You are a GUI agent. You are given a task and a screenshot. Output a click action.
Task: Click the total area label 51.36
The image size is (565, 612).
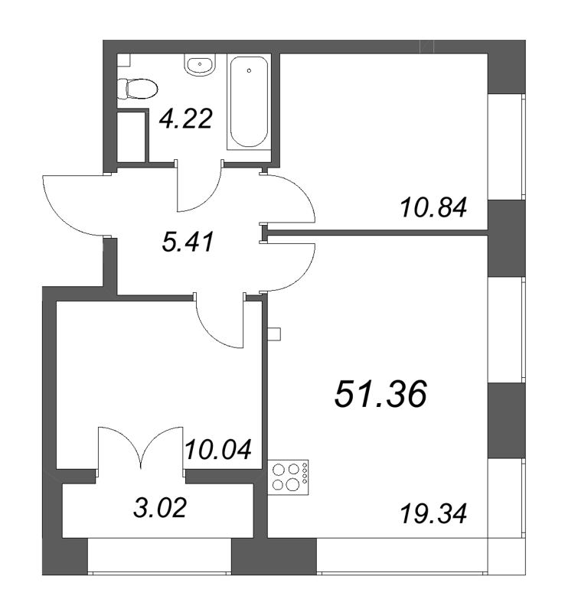380,396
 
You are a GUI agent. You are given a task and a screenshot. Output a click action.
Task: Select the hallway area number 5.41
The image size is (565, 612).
186,243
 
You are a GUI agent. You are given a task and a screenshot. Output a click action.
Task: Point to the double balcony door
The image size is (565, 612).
142,448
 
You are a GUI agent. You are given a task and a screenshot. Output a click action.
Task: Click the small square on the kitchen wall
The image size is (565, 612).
276,334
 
